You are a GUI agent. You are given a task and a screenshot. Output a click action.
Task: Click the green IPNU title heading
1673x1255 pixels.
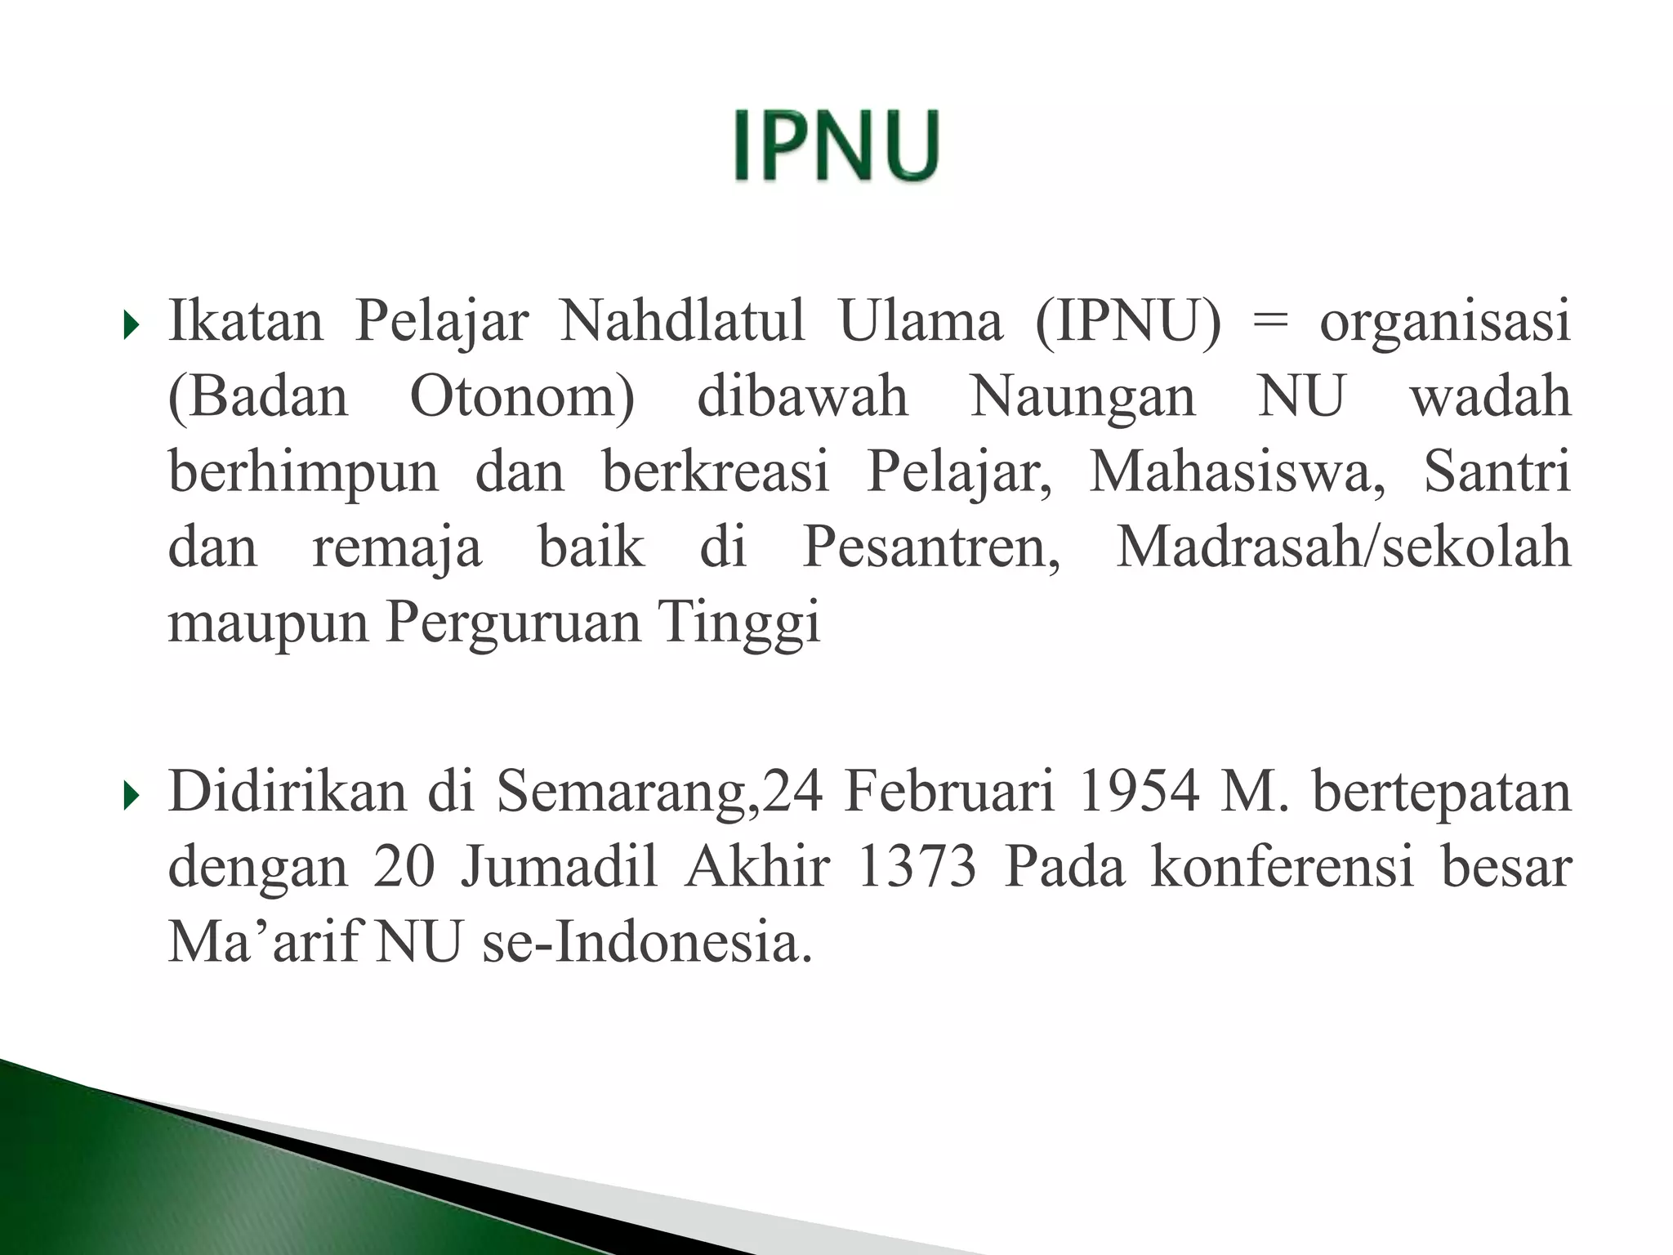[x=836, y=146]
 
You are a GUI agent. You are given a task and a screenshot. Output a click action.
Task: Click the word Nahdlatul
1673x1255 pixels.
[x=682, y=321]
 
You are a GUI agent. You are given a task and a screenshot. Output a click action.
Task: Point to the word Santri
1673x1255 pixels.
[x=1497, y=472]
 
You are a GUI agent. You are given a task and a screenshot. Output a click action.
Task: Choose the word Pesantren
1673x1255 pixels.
[x=931, y=547]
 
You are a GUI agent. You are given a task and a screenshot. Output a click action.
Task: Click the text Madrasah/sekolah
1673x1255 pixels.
[x=1343, y=547]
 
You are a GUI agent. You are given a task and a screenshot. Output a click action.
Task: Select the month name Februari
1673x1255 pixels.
[x=949, y=792]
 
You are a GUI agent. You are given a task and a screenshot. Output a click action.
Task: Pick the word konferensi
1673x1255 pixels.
[x=1283, y=867]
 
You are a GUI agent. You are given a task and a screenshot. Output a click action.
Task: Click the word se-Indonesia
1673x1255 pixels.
[x=647, y=943]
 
